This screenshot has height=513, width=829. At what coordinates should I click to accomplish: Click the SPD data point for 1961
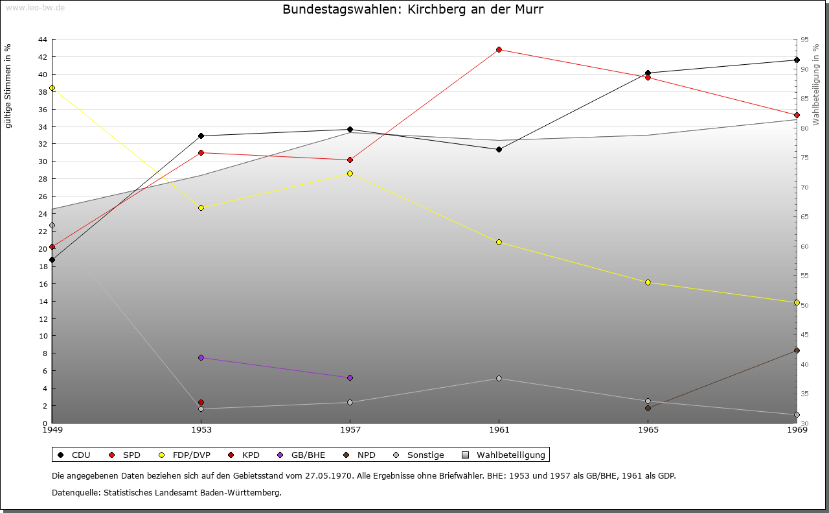(x=499, y=49)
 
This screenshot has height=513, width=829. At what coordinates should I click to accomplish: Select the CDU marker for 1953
(x=201, y=136)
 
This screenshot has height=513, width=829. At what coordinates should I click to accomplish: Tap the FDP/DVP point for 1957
(x=350, y=173)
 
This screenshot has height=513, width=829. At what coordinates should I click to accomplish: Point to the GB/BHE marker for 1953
(x=201, y=357)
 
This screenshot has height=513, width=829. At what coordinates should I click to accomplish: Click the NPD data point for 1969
(x=797, y=350)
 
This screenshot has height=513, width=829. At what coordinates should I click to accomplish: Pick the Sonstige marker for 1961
(x=499, y=378)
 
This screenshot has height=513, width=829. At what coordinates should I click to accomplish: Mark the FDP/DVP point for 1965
(x=648, y=282)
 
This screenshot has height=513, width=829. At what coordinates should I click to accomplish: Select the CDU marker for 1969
(x=797, y=60)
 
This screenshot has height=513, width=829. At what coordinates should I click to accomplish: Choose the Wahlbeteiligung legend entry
(x=505, y=455)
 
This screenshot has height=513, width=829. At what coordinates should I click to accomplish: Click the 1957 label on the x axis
(x=350, y=429)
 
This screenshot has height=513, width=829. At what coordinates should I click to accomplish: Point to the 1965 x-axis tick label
(x=648, y=429)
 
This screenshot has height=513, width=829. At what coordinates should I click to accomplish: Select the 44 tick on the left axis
(x=42, y=40)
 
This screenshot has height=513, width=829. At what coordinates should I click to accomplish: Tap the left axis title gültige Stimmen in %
(x=8, y=86)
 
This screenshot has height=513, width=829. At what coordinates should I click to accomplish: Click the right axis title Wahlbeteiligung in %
(x=816, y=84)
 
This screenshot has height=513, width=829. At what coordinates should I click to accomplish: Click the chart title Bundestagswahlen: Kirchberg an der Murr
(x=413, y=10)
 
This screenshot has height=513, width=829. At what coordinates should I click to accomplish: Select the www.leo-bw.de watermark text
(x=35, y=7)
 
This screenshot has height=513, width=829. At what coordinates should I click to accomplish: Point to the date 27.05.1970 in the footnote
(x=329, y=475)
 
